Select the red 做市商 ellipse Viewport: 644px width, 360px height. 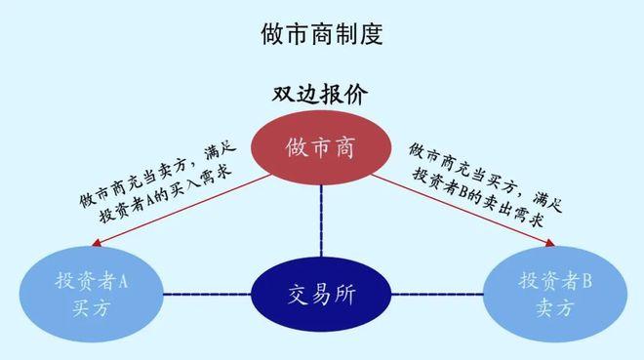321,148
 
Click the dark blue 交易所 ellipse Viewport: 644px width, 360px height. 321,293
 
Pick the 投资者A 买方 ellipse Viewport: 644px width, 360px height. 94,293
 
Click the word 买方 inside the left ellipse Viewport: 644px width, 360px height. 94,307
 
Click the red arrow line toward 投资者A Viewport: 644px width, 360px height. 185,208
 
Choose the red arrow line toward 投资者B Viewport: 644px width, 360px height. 459,208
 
